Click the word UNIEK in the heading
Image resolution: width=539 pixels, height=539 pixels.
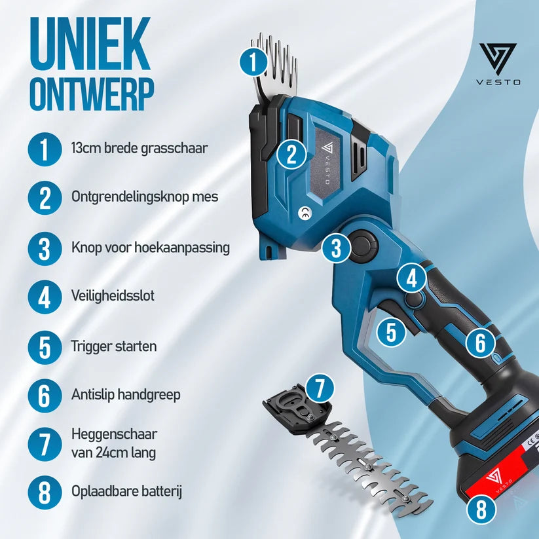coord(90,43)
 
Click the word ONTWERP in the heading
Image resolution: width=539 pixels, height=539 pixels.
coord(92,94)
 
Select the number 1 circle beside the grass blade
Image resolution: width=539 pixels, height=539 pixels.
coord(253,62)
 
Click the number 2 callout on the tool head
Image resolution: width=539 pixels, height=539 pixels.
coord(291,155)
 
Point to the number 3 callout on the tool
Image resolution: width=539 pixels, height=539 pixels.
coord(336,248)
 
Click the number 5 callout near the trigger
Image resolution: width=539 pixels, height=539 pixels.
coord(391,333)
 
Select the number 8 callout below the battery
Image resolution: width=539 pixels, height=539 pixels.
coord(481,510)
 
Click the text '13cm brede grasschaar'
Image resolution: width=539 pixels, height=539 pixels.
coord(139,149)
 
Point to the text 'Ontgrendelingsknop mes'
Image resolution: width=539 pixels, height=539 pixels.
coord(145,197)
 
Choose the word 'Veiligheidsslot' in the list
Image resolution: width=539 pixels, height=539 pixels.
coord(113,295)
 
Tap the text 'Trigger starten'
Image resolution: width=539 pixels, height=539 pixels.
coord(114,346)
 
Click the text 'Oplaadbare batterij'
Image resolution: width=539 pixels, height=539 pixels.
coord(126,492)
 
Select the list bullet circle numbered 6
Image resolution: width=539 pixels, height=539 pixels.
coord(45,396)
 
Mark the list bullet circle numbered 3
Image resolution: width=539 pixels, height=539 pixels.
coord(45,249)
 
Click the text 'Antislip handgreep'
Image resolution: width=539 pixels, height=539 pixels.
coord(126,395)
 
